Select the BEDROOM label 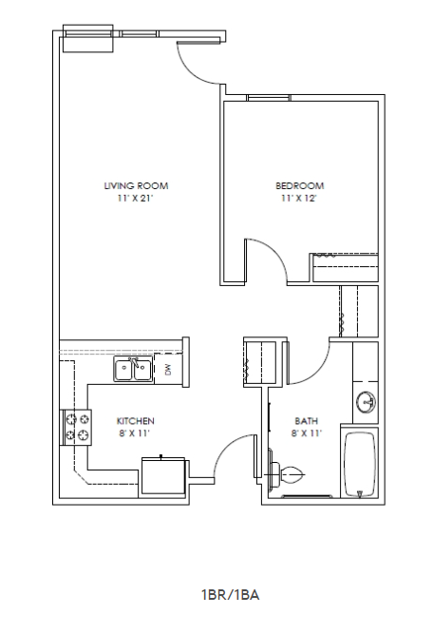pyautogui.click(x=300, y=186)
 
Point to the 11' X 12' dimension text pyautogui.click(x=300, y=200)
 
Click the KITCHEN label pyautogui.click(x=136, y=420)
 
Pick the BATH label pyautogui.click(x=306, y=420)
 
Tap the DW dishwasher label pyautogui.click(x=168, y=369)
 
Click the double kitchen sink pyautogui.click(x=133, y=370)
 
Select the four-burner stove pyautogui.click(x=77, y=427)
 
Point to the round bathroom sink pyautogui.click(x=366, y=404)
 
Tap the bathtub pyautogui.click(x=360, y=464)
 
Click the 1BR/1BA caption pyautogui.click(x=230, y=595)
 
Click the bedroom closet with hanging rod pyautogui.click(x=347, y=268)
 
